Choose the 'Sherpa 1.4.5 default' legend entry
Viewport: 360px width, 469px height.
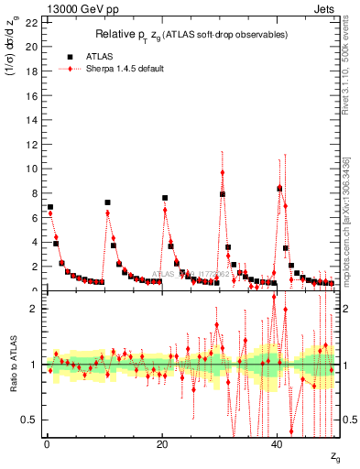pyautogui.click(x=120, y=69)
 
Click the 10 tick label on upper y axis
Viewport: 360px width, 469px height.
pyautogui.click(x=27, y=169)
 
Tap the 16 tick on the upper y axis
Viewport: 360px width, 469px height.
pyautogui.click(x=27, y=95)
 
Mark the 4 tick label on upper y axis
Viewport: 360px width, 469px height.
pyautogui.click(x=30, y=242)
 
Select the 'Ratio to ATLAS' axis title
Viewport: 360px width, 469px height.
pyautogui.click(x=12, y=365)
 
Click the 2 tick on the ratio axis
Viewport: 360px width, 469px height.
pyautogui.click(x=31, y=309)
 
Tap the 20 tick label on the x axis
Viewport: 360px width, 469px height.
pyautogui.click(x=162, y=445)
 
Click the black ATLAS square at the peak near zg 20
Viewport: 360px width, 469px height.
pyautogui.click(x=165, y=198)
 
